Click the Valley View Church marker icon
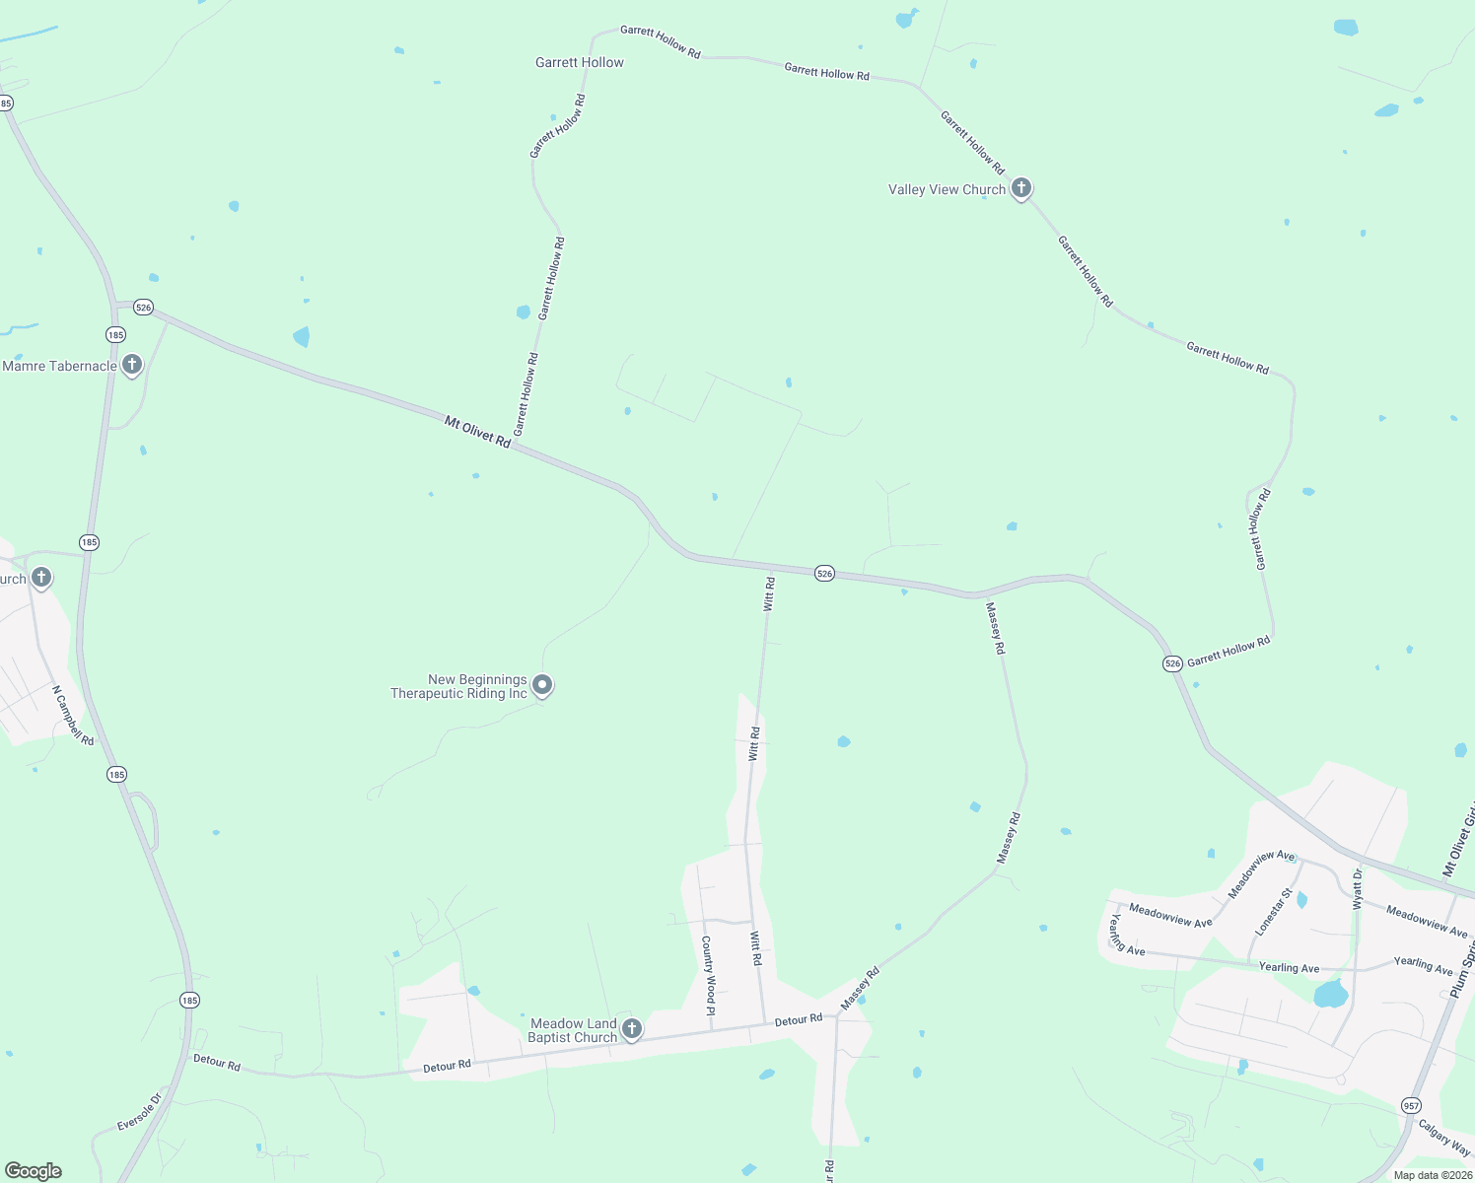click(1021, 187)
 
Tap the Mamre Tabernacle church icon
click(131, 365)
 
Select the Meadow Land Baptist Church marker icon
click(632, 1029)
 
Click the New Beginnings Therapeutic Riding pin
click(541, 684)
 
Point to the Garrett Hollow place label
click(579, 62)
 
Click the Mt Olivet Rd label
click(477, 432)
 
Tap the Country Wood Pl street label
click(708, 975)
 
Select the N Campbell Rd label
click(73, 715)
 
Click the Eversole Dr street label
click(139, 1111)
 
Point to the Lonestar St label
click(1273, 912)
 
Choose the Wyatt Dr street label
click(1358, 888)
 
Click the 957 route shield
click(1411, 1105)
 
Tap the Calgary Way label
click(1445, 1139)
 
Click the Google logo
click(34, 1171)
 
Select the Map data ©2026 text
click(1433, 1175)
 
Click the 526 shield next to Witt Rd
click(824, 573)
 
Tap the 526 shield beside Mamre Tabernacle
click(144, 307)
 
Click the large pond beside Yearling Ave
click(1331, 993)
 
